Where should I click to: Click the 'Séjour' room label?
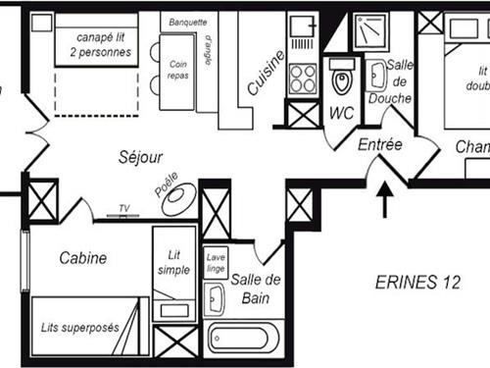coord(140,156)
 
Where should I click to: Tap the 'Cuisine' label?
coord(267,72)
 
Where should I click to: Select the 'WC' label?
coord(341,113)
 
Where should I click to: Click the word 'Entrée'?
coord(379,144)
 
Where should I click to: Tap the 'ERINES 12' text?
coord(418,283)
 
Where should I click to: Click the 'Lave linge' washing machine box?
coord(217,263)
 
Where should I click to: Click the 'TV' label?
coord(124,208)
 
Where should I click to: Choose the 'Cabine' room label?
coord(83,258)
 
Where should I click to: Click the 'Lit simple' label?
coord(173,262)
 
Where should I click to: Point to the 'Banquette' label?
coord(187,21)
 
